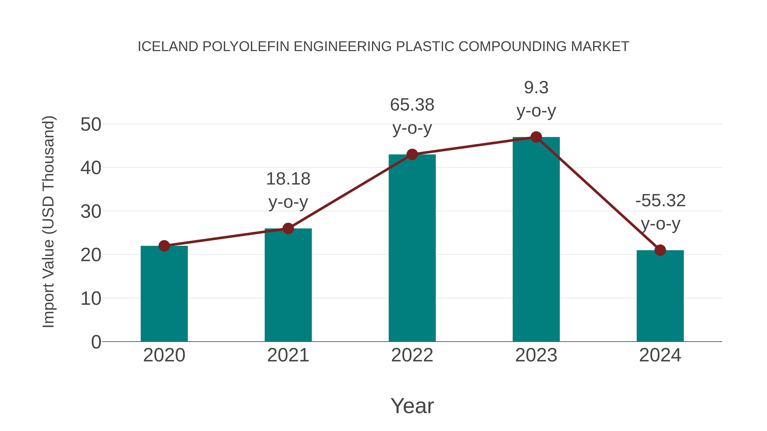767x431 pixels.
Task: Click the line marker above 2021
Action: coord(288,228)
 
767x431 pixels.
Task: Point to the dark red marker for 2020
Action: coord(164,246)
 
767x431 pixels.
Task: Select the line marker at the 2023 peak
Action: coord(536,137)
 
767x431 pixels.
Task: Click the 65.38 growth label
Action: coord(412,105)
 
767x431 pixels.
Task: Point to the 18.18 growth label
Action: coord(288,179)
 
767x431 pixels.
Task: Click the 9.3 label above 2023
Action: coord(536,88)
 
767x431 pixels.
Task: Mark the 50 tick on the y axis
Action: coord(91,124)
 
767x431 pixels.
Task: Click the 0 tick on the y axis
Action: coord(96,342)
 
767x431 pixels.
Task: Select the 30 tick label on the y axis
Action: coord(91,212)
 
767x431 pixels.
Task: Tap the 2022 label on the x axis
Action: coord(412,355)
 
